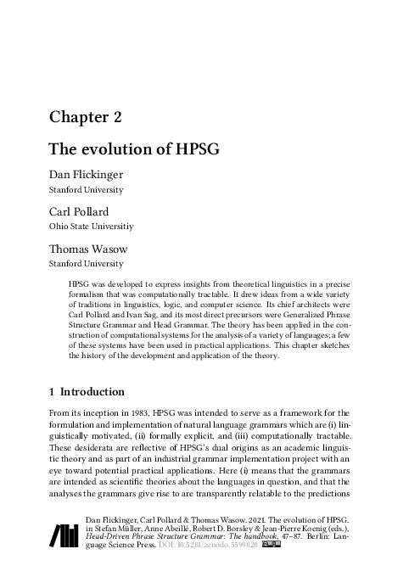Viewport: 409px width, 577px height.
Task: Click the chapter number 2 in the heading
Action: coord(124,116)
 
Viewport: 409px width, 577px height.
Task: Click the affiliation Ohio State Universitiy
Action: coord(91,227)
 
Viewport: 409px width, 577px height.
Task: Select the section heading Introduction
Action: coord(92,392)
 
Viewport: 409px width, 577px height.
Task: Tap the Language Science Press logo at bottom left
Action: coord(64,535)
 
